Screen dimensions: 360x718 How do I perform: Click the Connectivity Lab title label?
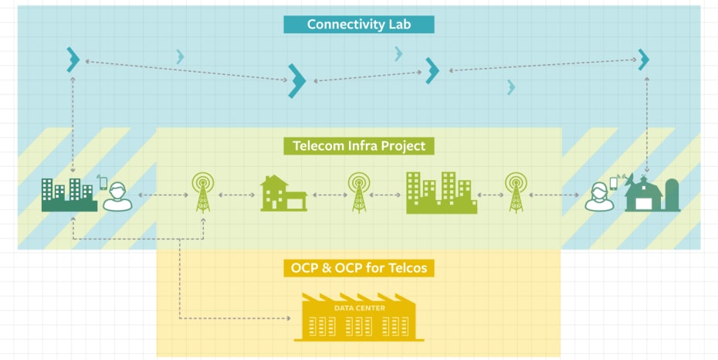(x=359, y=24)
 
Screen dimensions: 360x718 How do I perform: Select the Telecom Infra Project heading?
(x=359, y=145)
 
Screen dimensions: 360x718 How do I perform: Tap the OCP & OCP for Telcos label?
(x=359, y=268)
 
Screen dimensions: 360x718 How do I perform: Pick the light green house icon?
(x=283, y=194)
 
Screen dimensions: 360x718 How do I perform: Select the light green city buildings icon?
(x=441, y=192)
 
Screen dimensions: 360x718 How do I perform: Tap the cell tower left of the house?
(x=202, y=192)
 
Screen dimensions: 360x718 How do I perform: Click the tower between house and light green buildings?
(x=359, y=192)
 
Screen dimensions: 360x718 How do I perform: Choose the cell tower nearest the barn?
(x=516, y=192)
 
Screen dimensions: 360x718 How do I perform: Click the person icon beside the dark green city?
(x=117, y=197)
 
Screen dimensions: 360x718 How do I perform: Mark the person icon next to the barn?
(x=599, y=197)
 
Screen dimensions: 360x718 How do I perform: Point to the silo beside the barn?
(x=672, y=195)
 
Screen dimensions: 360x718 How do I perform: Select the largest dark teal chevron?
(x=296, y=80)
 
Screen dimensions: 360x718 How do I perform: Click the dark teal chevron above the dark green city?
(x=73, y=59)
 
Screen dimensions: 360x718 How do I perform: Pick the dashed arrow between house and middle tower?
(x=330, y=195)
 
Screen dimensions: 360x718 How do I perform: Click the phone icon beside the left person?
(x=103, y=182)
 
